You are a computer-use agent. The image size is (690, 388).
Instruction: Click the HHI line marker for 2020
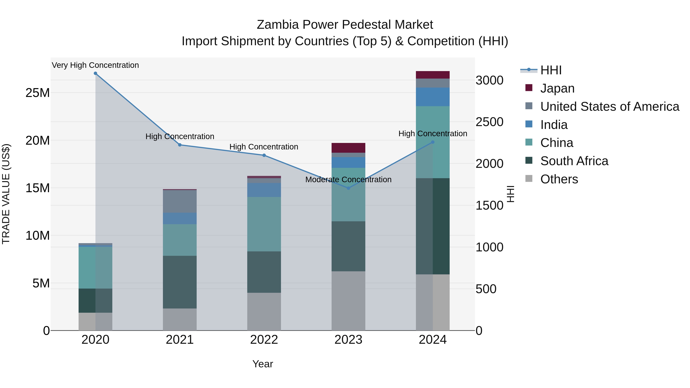tap(95, 73)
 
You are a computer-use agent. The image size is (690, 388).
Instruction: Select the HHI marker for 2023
tap(348, 188)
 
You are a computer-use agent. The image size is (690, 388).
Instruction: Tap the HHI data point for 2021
tap(180, 145)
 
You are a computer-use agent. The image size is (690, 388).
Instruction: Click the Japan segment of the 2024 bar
tap(433, 75)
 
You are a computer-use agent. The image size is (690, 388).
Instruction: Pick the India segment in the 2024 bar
tap(433, 97)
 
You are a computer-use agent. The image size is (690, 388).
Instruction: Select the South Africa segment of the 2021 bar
tap(180, 282)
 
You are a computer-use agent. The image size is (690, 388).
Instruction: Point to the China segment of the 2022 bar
tap(264, 224)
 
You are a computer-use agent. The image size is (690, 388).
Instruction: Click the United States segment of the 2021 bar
tap(180, 201)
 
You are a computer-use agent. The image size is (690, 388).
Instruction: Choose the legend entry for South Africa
tap(574, 161)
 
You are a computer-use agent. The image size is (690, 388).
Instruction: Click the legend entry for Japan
tap(557, 88)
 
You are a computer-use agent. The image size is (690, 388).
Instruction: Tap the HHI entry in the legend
tap(551, 70)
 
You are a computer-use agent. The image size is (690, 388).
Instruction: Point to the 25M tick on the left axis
tap(38, 93)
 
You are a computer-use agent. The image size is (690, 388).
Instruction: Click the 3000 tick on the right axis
tap(489, 80)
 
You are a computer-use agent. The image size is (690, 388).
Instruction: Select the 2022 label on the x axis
tap(264, 340)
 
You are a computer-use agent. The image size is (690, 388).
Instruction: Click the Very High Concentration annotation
tap(95, 65)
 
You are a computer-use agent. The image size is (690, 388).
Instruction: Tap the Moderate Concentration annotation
tap(348, 179)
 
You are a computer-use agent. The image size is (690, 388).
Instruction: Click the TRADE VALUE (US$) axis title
tap(6, 194)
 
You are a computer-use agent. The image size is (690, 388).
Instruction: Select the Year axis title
tap(263, 364)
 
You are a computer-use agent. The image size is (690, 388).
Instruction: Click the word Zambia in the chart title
tap(278, 25)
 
